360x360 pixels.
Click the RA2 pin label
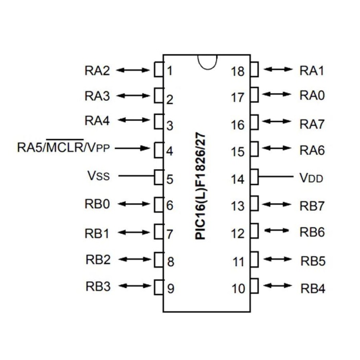point(97,70)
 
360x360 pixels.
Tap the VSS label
point(98,176)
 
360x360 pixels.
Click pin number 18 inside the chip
point(237,71)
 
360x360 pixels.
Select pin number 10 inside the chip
point(238,289)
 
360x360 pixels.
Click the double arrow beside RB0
point(133,204)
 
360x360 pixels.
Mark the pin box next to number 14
point(254,177)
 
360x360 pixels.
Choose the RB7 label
point(312,206)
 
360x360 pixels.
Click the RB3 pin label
point(98,286)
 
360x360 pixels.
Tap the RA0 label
point(312,96)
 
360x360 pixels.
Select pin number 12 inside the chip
point(238,234)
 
